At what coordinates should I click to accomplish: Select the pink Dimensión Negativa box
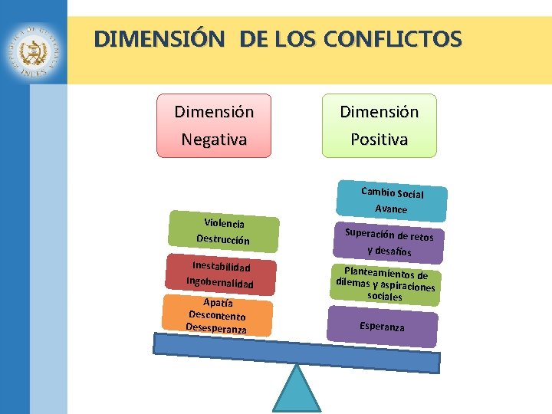[x=214, y=126]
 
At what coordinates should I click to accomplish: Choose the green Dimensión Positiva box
[x=379, y=126]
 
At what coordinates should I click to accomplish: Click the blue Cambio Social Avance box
[x=392, y=201]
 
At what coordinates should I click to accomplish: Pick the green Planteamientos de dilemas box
[x=386, y=284]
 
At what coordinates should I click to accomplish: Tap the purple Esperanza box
[x=382, y=326]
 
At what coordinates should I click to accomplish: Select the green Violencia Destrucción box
[x=222, y=232]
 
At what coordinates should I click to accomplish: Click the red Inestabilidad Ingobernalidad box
[x=221, y=274]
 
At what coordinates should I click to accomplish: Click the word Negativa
[x=214, y=140]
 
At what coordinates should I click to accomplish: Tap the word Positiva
[x=379, y=140]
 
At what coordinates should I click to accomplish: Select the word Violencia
[x=224, y=223]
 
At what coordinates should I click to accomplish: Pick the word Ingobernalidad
[x=219, y=283]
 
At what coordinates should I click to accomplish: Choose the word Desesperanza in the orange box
[x=215, y=328]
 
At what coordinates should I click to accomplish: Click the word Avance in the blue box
[x=391, y=209]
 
